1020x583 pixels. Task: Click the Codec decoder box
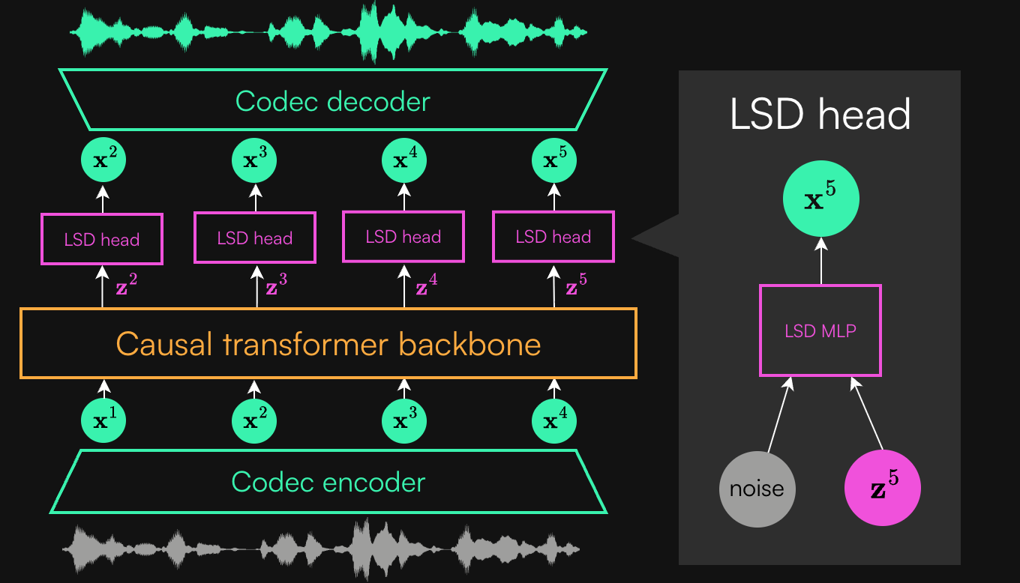(x=332, y=100)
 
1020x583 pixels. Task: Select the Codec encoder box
(x=328, y=482)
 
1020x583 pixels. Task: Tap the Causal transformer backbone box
(x=328, y=344)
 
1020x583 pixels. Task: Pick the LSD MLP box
(x=820, y=330)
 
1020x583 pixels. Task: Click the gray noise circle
(x=757, y=489)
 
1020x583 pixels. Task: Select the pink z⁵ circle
(x=882, y=489)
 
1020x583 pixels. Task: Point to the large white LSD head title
(x=820, y=114)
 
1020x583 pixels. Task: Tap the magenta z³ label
(x=275, y=288)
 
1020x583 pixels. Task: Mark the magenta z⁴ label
(x=425, y=288)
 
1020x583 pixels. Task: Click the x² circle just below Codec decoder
(x=103, y=160)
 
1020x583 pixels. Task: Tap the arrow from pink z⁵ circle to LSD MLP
(x=866, y=417)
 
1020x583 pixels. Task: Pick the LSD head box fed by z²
(x=102, y=240)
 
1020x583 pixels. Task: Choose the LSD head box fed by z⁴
(x=403, y=237)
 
